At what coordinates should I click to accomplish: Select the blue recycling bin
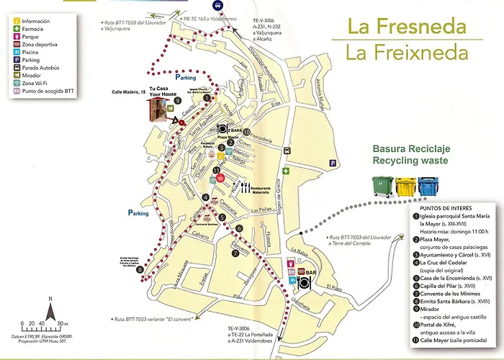pyautogui.click(x=428, y=186)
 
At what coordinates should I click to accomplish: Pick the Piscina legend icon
pyautogui.click(x=15, y=53)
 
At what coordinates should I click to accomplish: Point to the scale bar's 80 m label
pyautogui.click(x=62, y=323)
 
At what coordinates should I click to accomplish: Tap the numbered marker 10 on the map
pyautogui.click(x=246, y=132)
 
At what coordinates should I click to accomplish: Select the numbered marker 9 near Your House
pyautogui.click(x=177, y=101)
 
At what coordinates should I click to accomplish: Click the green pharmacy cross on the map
pyautogui.click(x=286, y=171)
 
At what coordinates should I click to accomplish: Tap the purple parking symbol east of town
pyautogui.click(x=332, y=163)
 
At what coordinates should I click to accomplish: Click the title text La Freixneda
pyautogui.click(x=406, y=53)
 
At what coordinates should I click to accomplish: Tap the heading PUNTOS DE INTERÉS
pyautogui.click(x=440, y=204)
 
